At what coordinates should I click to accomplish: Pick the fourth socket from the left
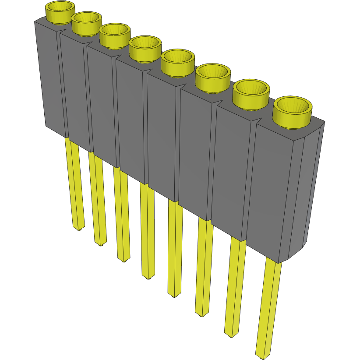coord(145,46)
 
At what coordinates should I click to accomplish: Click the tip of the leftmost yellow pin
coord(78,228)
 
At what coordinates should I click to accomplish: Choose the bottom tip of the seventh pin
coord(231,335)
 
